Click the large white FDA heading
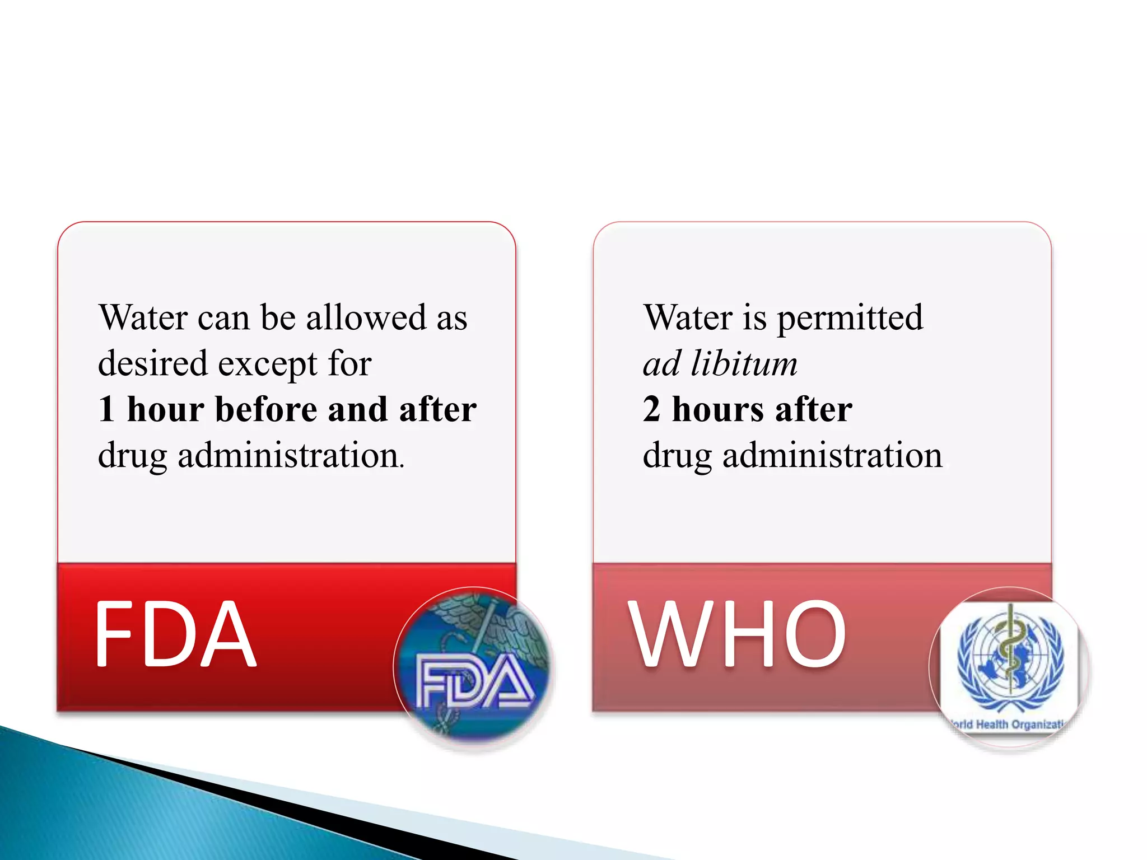[x=175, y=634]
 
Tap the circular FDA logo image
[x=474, y=666]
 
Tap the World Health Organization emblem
[x=1009, y=666]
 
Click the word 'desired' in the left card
[x=153, y=363]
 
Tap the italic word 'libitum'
[x=744, y=363]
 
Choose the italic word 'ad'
[x=661, y=363]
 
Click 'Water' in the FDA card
[x=143, y=317]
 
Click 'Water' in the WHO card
[x=688, y=317]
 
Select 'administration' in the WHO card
[x=832, y=455]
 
